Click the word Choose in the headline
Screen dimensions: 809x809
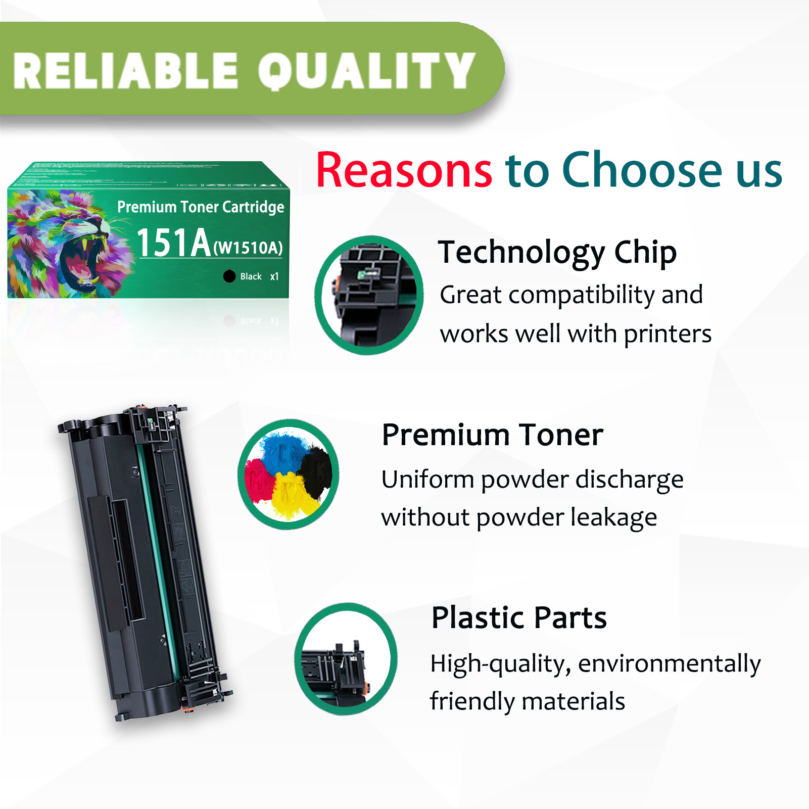click(642, 170)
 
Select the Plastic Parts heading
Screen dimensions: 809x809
click(518, 617)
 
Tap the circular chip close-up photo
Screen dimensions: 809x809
click(368, 295)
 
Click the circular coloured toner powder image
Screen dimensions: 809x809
click(289, 474)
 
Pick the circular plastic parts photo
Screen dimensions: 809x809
click(346, 659)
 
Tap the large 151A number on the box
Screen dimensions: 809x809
click(173, 243)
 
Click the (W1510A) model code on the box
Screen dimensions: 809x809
click(248, 248)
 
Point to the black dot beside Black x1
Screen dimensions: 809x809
click(229, 276)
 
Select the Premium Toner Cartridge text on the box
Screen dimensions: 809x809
click(201, 207)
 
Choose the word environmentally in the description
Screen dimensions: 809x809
click(669, 663)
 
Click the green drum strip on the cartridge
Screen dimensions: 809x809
click(158, 556)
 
